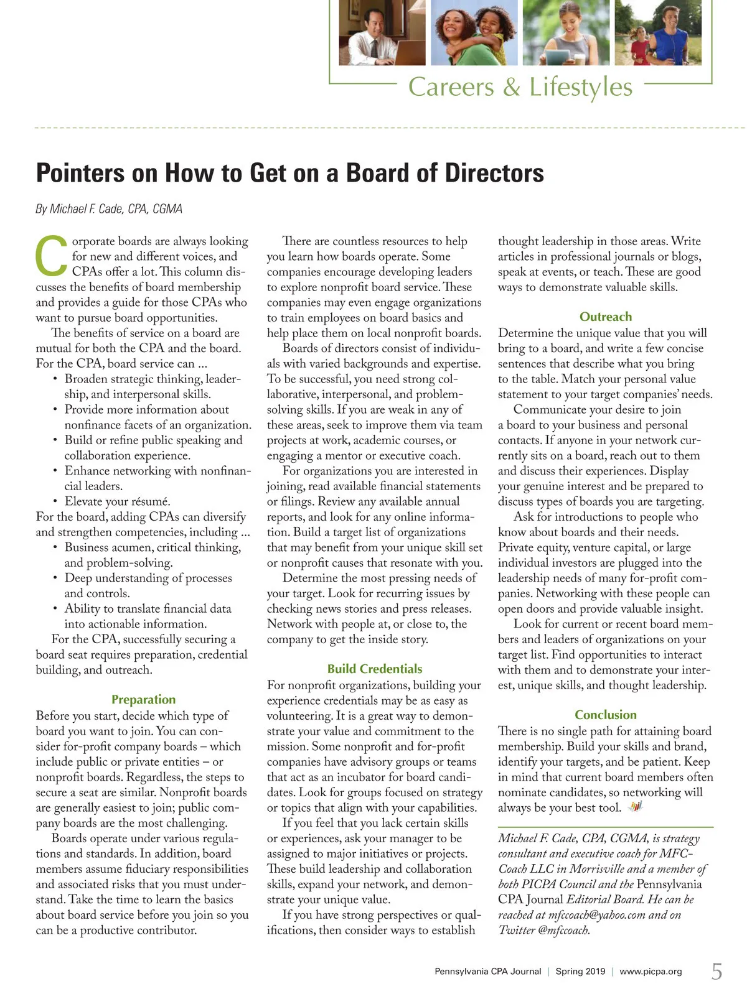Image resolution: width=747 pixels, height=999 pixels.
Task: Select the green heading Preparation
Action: (143, 699)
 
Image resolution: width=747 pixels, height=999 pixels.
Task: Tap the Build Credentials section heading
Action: (374, 669)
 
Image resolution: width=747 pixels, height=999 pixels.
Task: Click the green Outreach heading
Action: (605, 317)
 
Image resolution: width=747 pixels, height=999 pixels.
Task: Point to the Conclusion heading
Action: (605, 715)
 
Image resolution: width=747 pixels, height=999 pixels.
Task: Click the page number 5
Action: (717, 971)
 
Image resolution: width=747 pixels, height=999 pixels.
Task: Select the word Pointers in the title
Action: (80, 173)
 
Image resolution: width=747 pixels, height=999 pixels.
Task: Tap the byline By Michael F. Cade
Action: (109, 209)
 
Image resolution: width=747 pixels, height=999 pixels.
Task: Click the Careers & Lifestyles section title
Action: (520, 86)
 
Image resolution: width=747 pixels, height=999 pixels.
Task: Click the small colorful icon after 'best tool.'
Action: (634, 807)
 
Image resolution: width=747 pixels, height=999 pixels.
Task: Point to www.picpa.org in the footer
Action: (651, 972)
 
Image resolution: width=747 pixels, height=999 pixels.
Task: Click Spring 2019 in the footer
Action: (580, 972)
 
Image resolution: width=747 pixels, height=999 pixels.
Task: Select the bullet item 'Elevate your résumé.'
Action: (117, 501)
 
